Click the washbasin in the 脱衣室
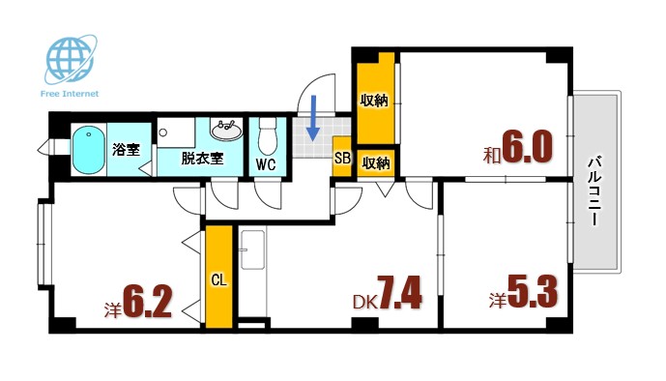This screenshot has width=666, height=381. pyautogui.click(x=227, y=128)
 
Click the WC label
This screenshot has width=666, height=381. pyautogui.click(x=266, y=164)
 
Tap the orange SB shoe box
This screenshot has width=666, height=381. pyautogui.click(x=341, y=160)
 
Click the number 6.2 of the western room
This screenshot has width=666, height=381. pyautogui.click(x=147, y=302)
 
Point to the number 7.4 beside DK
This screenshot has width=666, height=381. pyautogui.click(x=399, y=292)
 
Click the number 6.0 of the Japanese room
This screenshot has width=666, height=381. pyautogui.click(x=527, y=148)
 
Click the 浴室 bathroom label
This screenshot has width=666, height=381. pyautogui.click(x=126, y=149)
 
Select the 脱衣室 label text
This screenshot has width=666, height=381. pyautogui.click(x=202, y=159)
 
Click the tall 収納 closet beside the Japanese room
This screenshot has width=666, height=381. pyautogui.click(x=375, y=101)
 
